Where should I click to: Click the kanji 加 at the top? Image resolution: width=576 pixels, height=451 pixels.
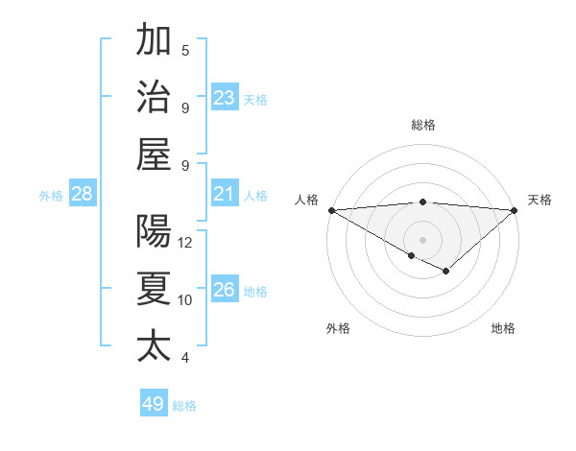click(154, 40)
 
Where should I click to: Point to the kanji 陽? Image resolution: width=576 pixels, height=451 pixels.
click(154, 231)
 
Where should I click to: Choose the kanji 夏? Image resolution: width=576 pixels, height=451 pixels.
click(154, 289)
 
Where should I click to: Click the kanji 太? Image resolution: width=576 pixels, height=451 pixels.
click(154, 345)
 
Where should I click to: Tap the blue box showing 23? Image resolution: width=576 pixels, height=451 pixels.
click(225, 97)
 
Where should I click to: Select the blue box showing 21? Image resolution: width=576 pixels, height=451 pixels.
click(225, 194)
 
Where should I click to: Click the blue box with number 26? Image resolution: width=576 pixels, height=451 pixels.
click(225, 290)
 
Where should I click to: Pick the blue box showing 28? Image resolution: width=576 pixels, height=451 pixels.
click(83, 194)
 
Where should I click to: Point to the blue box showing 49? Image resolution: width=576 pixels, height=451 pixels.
click(154, 404)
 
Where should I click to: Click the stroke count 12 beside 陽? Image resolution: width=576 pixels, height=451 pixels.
click(185, 243)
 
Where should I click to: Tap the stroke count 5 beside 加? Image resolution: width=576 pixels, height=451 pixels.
click(185, 50)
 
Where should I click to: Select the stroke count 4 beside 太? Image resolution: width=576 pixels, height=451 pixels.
click(185, 358)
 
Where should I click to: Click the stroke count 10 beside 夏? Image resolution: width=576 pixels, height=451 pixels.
click(185, 300)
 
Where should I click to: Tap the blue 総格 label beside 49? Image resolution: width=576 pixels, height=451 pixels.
click(184, 406)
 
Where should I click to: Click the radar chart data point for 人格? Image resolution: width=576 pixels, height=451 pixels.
click(330, 210)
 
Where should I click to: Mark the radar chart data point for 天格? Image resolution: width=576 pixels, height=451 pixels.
click(515, 210)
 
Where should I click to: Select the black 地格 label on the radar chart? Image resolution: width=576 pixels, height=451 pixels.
click(503, 328)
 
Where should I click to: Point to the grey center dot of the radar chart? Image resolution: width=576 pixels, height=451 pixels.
click(422, 239)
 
